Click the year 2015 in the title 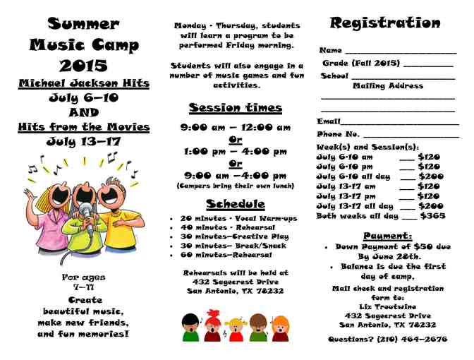pos(84,66)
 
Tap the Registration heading pos(385,23)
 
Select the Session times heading pos(235,108)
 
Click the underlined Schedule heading pos(235,204)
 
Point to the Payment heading pos(387,236)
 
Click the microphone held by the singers pos(87,210)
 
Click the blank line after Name pos(401,52)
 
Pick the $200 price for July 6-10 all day pos(431,176)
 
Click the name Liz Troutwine pos(387,306)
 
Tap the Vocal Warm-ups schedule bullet pos(239,219)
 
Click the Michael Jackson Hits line pos(84,84)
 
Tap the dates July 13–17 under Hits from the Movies pos(84,141)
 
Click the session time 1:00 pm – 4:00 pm pos(235,152)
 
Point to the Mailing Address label pos(388,86)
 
